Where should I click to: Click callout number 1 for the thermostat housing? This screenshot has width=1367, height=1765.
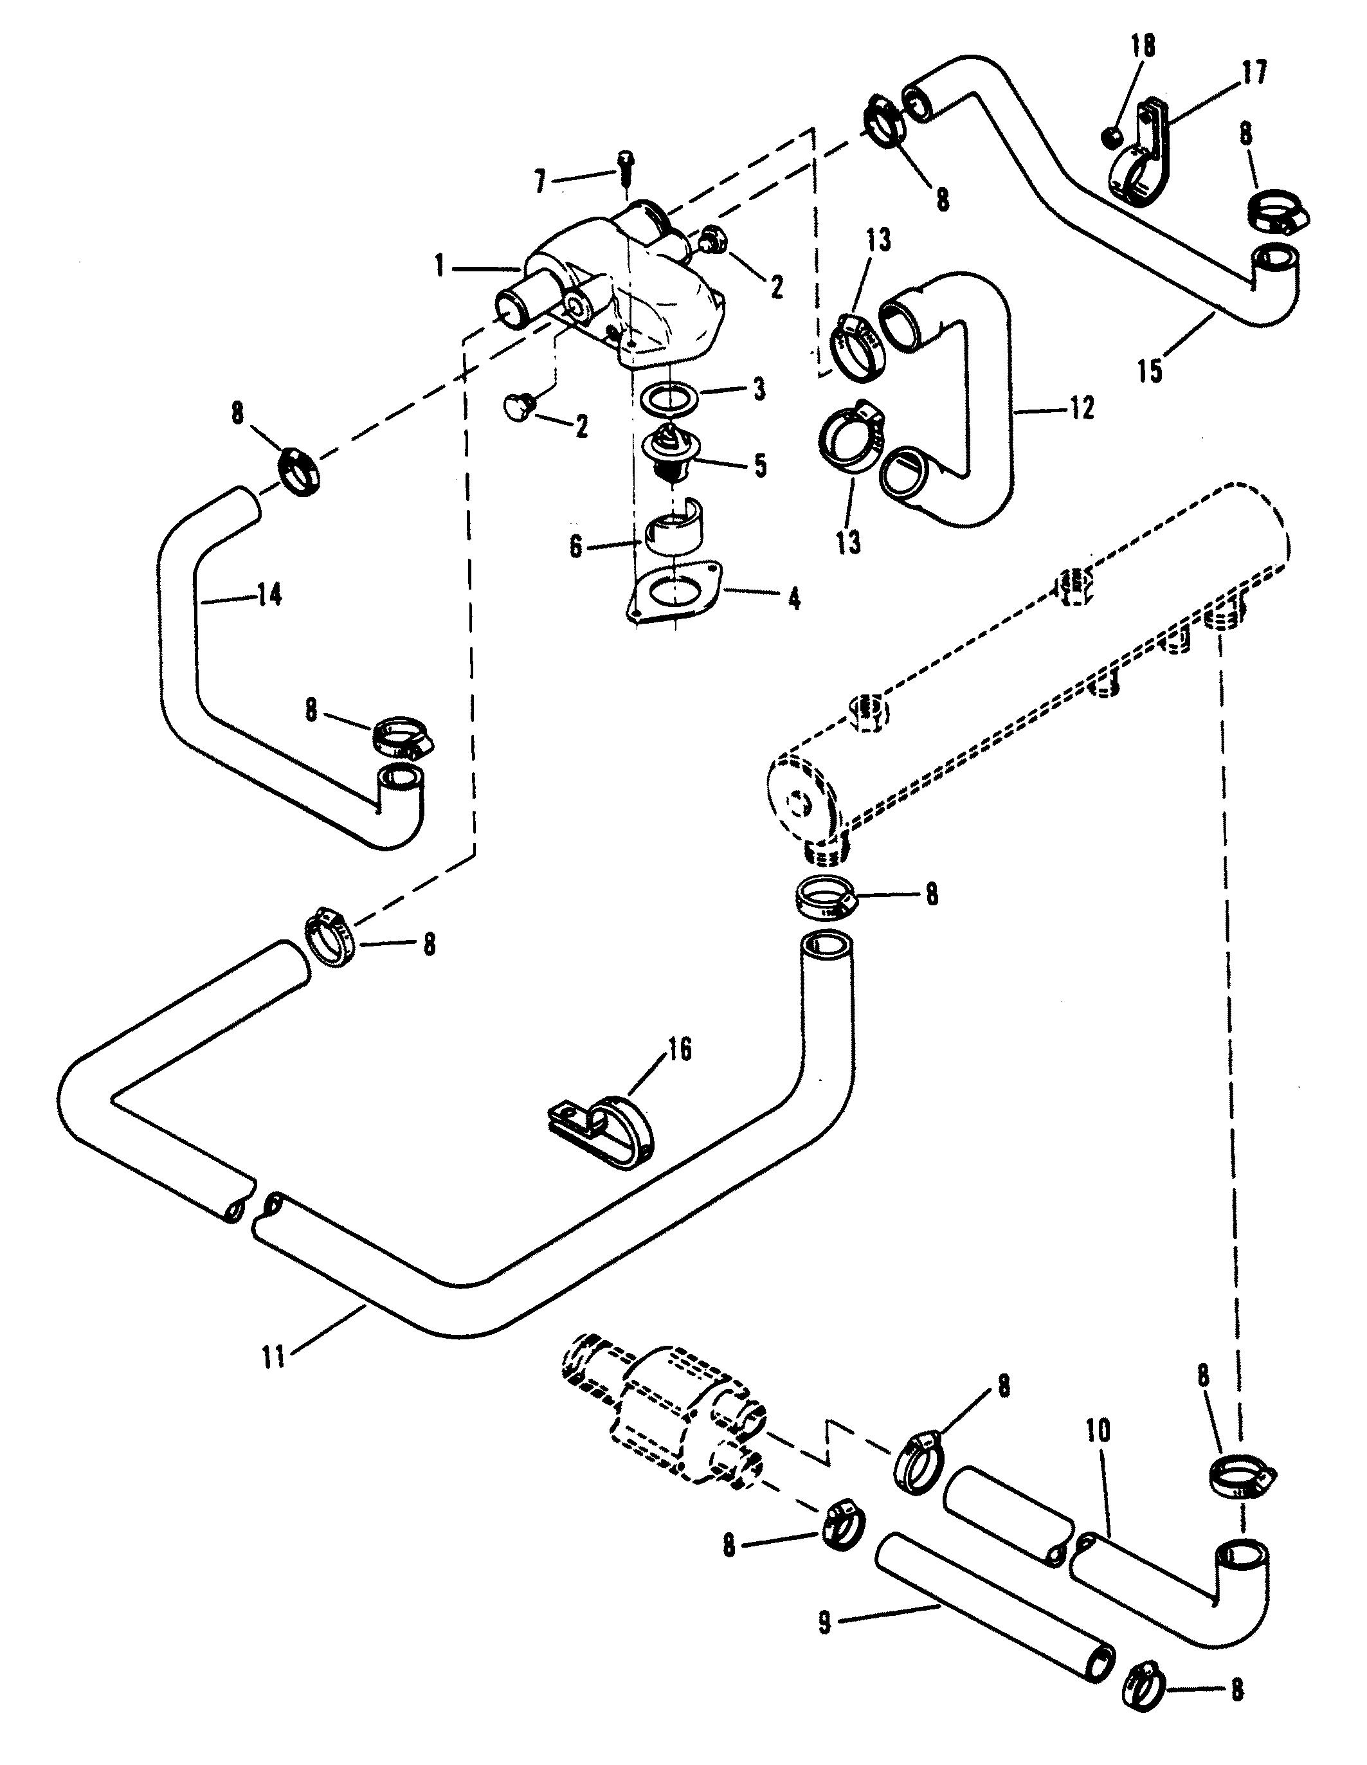[440, 266]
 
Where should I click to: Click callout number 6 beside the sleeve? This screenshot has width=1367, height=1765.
[575, 547]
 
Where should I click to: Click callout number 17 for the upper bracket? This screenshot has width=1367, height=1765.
[1254, 73]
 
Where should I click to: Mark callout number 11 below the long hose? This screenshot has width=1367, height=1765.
[274, 1356]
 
